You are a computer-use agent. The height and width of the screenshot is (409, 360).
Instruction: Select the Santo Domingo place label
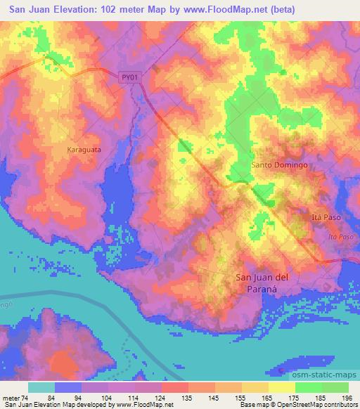point(280,165)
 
